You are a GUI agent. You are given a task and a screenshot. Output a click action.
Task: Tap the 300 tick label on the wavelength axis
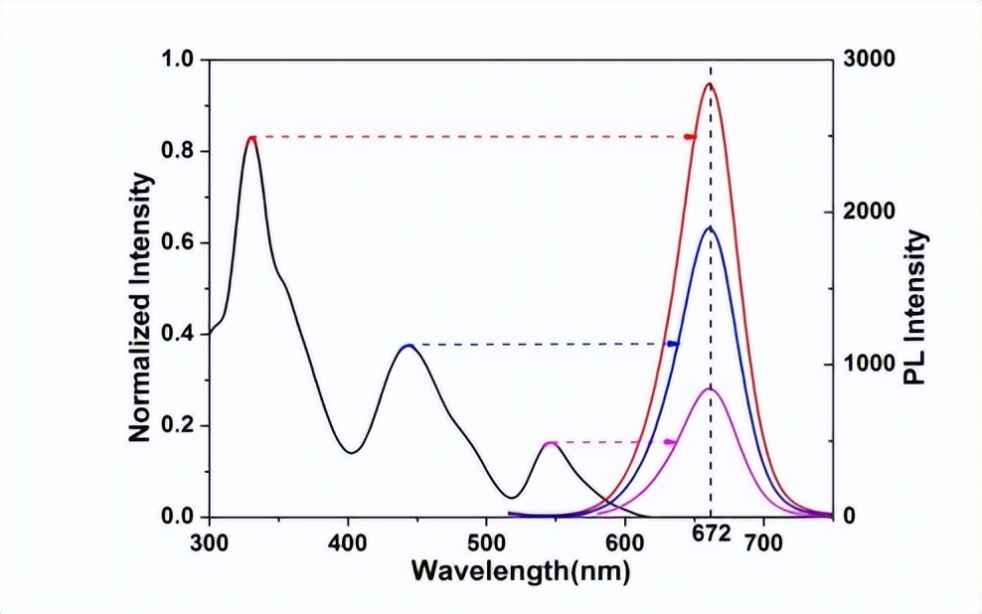coord(209,542)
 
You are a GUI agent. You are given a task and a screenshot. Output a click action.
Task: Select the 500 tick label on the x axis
coord(486,542)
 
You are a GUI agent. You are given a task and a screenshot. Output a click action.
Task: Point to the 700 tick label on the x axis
coord(763,542)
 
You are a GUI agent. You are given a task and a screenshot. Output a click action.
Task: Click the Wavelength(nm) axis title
coord(520,572)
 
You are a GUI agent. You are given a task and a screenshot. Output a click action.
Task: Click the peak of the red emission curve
coord(710,84)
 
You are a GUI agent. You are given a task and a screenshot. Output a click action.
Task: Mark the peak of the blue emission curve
coord(710,229)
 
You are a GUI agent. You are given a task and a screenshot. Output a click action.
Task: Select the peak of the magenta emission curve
coord(710,388)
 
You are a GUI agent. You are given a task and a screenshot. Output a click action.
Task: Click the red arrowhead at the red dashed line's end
coord(690,136)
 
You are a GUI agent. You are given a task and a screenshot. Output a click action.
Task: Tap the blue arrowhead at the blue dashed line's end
coord(672,344)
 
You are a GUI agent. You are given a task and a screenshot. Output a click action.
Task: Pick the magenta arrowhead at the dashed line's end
coord(669,442)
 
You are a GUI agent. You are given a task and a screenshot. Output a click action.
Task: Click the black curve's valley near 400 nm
coord(351,453)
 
